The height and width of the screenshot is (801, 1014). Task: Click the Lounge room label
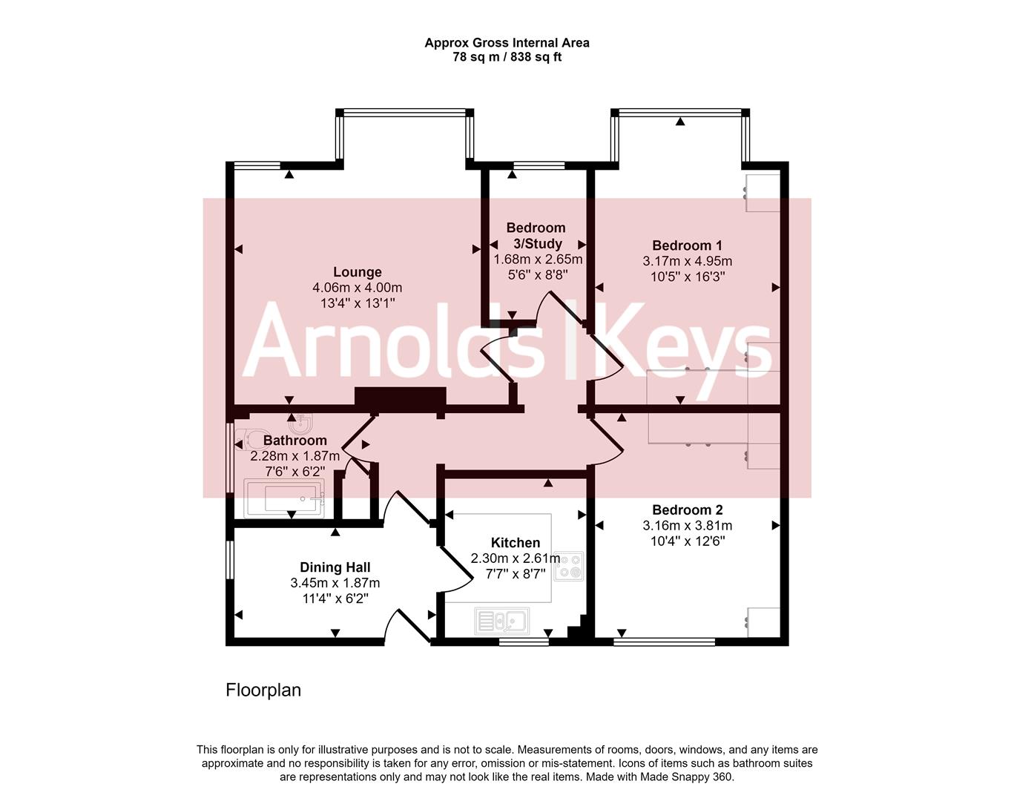pos(357,272)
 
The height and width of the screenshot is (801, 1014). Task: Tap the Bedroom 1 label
pos(687,245)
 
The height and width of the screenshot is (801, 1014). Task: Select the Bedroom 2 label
pos(688,510)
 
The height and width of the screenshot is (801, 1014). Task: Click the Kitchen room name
pos(516,542)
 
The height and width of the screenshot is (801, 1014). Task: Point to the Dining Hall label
pos(335,567)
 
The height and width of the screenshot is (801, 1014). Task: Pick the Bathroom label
pos(295,441)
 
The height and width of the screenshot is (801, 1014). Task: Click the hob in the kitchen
pos(569,566)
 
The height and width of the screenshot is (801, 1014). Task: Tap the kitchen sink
pos(502,621)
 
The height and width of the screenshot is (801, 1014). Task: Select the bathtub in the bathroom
pos(284,498)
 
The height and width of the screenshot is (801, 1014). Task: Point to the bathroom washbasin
pos(300,423)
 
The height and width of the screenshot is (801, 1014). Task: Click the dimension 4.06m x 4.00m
pos(357,288)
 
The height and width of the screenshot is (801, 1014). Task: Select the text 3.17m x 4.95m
pos(688,261)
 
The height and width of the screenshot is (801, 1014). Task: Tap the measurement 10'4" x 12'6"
pos(688,541)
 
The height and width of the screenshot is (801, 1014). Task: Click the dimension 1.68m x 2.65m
pos(538,259)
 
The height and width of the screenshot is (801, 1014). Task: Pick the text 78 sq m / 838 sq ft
pos(507,57)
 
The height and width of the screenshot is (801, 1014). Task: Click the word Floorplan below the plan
pos(263,690)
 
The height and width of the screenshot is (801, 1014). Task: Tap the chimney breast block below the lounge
pos(400,397)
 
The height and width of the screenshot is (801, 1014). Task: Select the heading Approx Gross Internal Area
pos(507,43)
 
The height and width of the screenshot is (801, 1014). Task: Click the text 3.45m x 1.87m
pos(335,583)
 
